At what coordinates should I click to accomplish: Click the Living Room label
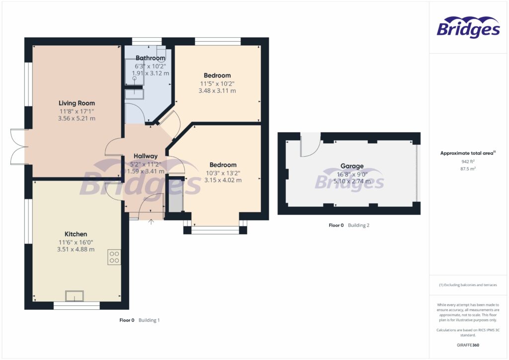(77, 103)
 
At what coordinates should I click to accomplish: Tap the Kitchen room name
(76, 234)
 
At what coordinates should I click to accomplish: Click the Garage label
(352, 166)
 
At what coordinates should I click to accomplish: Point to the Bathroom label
(150, 58)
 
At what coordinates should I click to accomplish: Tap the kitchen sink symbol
(75, 296)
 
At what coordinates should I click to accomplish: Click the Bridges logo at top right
(468, 28)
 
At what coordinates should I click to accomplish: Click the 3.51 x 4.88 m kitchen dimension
(76, 249)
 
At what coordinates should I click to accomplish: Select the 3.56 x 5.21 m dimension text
(77, 118)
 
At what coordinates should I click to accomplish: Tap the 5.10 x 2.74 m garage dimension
(352, 181)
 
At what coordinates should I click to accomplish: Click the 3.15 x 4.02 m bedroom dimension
(223, 180)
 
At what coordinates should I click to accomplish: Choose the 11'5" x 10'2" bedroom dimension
(217, 84)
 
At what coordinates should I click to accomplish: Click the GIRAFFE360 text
(468, 345)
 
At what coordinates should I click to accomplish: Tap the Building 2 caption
(358, 225)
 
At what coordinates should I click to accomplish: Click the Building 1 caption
(149, 320)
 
